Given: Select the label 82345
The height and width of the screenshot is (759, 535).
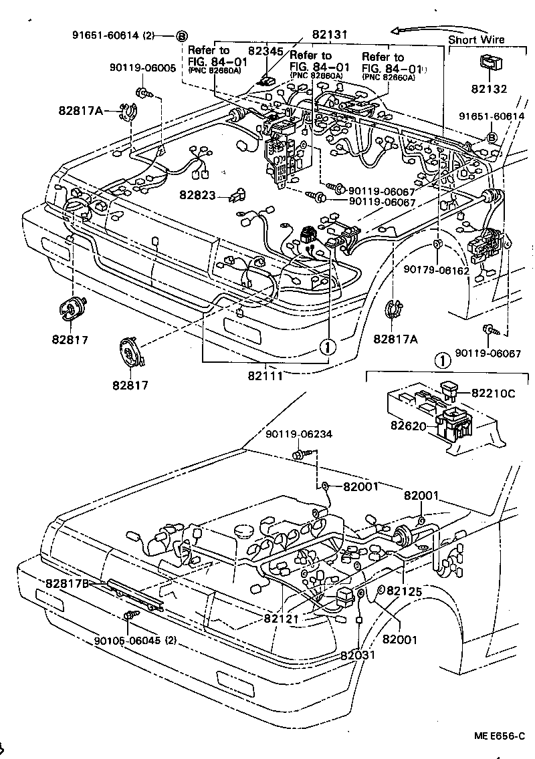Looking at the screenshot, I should coord(265,49).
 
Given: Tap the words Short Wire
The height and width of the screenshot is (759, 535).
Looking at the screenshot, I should coord(476,39).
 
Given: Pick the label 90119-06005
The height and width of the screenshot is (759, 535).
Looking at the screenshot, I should coord(134,68).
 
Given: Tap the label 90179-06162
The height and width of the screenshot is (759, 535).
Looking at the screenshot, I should coord(436,270).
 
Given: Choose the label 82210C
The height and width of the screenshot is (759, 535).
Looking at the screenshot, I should coord(492,394).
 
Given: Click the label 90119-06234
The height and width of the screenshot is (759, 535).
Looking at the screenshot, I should coord(298,435).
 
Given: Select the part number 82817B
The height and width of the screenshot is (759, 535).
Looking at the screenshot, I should coord(69,583).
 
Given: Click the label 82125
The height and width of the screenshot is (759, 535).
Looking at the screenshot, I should coord(405,591).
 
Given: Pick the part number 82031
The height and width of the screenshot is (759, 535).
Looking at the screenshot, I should coord(358,655).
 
